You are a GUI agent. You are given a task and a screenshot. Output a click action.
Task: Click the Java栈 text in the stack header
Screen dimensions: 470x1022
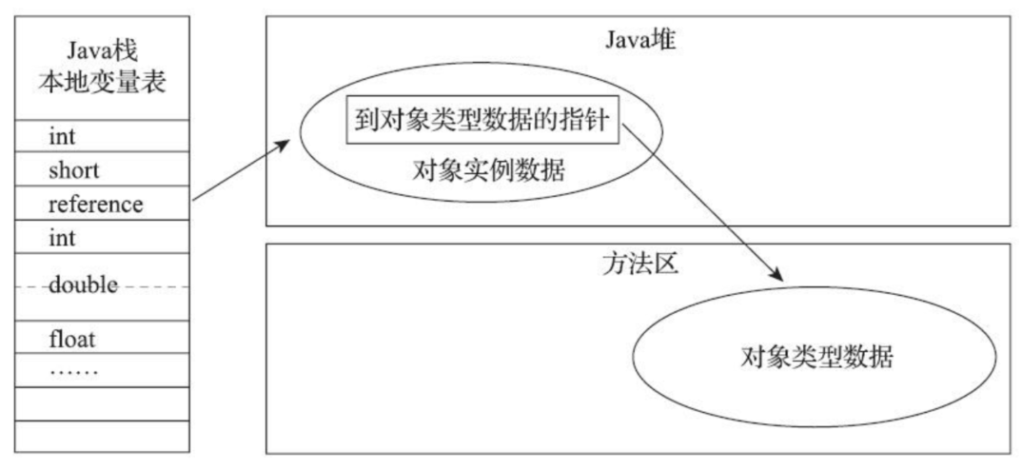[102, 48]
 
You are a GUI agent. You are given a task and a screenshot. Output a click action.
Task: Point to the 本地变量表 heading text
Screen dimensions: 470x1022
[102, 82]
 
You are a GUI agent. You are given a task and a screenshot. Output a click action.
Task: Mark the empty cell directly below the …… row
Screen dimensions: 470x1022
[102, 403]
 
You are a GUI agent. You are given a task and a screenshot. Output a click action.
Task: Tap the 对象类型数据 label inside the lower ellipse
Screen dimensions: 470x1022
[815, 358]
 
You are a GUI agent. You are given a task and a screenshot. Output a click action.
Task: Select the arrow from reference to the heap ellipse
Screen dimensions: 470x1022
[241, 171]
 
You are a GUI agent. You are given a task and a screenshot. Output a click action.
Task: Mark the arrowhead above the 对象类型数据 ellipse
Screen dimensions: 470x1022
[777, 276]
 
